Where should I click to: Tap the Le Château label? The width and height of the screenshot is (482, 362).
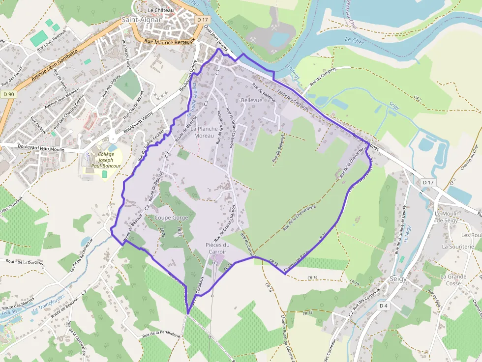click(161, 9)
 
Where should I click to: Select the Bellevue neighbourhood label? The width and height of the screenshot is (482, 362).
click(252, 100)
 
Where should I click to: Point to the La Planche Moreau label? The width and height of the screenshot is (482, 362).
click(204, 132)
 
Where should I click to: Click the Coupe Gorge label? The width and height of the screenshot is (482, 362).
click(171, 218)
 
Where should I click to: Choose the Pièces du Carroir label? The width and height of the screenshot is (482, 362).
click(217, 249)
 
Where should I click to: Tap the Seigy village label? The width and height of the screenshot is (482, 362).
click(397, 278)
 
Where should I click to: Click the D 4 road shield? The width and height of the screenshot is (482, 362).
click(384, 306)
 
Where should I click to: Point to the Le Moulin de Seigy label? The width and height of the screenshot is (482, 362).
click(447, 217)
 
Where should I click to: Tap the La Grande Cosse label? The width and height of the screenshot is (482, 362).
click(453, 280)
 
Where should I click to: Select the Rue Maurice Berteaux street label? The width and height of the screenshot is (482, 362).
click(169, 42)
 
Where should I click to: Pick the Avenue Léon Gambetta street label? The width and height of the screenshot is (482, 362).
click(54, 64)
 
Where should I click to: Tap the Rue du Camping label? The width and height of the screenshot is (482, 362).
click(322, 75)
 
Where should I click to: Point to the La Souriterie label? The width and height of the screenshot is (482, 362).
click(457, 247)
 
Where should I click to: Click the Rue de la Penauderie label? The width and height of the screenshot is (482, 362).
click(162, 334)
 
